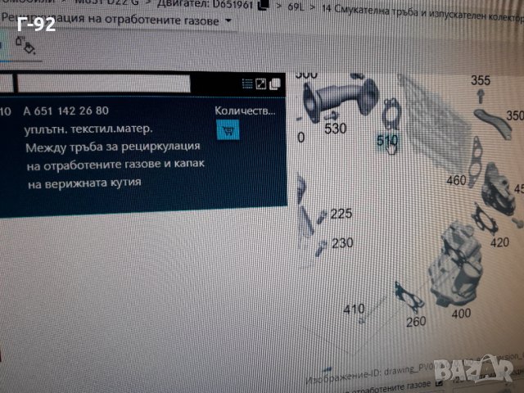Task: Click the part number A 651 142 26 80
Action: click(65, 111)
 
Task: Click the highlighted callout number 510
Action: click(387, 141)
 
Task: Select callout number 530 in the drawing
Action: click(335, 129)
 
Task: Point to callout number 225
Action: click(341, 214)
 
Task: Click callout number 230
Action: click(341, 242)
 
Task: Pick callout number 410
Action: click(354, 309)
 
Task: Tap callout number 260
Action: click(416, 321)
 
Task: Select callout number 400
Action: click(461, 313)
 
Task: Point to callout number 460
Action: click(456, 180)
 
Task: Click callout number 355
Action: click(481, 80)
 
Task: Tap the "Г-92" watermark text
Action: click(35, 25)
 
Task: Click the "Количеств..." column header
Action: click(245, 110)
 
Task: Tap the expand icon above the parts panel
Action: click(260, 84)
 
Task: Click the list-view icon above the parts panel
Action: click(246, 84)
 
